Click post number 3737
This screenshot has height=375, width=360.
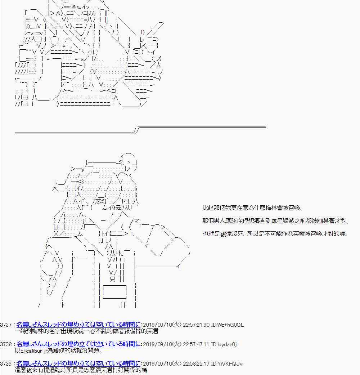pyautogui.click(x=6, y=325)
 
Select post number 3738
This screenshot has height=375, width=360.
pyautogui.click(x=6, y=344)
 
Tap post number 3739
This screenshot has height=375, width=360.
pyautogui.click(x=6, y=364)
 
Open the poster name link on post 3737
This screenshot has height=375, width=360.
pyautogui.click(x=78, y=325)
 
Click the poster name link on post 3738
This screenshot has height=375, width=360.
pyautogui.click(x=78, y=344)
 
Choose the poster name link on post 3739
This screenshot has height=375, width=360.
pyautogui.click(x=78, y=363)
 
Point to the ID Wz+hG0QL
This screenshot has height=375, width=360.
pyautogui.click(x=228, y=325)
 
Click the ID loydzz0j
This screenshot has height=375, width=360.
pyautogui.click(x=224, y=344)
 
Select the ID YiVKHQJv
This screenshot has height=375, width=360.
pyautogui.click(x=227, y=364)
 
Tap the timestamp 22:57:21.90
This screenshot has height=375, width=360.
pyautogui.click(x=196, y=325)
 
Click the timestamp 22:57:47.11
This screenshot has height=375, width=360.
pyautogui.click(x=196, y=344)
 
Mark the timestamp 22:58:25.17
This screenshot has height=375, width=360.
pyautogui.click(x=196, y=364)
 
